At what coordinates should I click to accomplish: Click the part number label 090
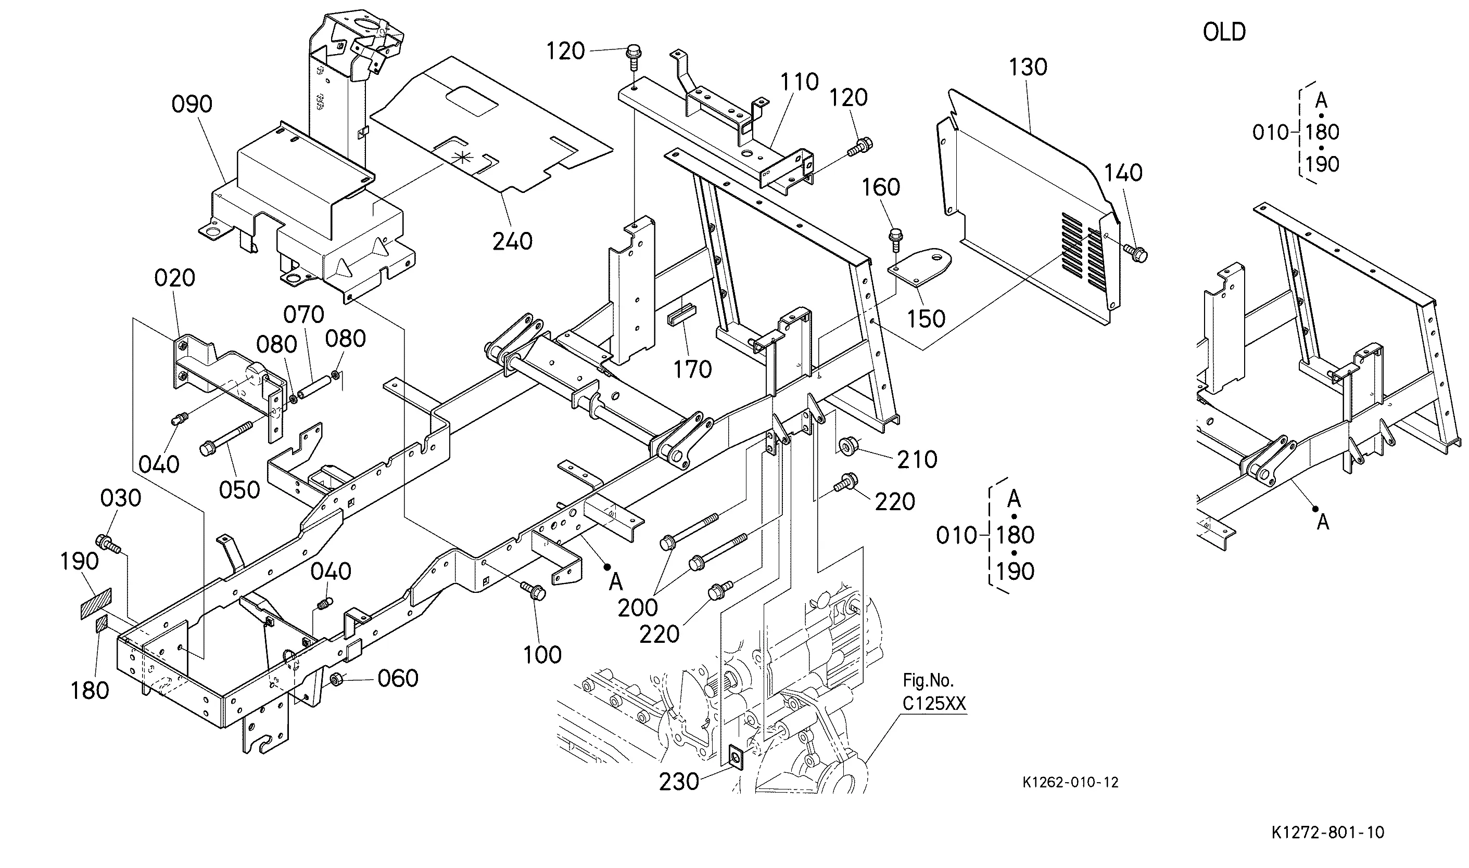coord(192,104)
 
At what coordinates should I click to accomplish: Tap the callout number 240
coord(512,241)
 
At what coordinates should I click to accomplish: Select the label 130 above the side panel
coord(1028,67)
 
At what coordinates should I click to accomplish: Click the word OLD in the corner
coord(1224,32)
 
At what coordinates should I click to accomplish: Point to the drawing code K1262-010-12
coord(1070,782)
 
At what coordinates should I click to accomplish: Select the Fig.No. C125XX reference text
coord(934,691)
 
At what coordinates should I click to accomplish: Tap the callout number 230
coord(679,782)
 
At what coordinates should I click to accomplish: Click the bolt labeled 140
coord(1136,253)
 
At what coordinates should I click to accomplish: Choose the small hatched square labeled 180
coord(102,625)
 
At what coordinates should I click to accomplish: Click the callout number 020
coord(174,278)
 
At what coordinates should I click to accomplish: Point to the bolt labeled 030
coord(109,543)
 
